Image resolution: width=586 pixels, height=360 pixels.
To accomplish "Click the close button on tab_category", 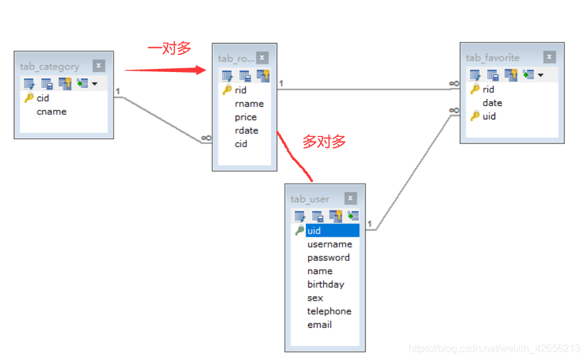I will click(x=99, y=66).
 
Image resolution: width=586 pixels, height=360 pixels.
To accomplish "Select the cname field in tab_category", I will click(x=51, y=112).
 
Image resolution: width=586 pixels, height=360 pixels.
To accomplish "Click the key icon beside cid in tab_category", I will click(x=28, y=98).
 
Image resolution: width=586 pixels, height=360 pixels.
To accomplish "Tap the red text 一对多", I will click(x=169, y=49).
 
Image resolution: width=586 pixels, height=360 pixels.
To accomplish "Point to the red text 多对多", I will click(x=324, y=141).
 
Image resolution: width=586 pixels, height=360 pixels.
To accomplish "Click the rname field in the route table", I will click(x=249, y=104).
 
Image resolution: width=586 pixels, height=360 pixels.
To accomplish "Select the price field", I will click(x=246, y=117).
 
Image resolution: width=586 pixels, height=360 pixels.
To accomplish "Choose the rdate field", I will click(x=246, y=130).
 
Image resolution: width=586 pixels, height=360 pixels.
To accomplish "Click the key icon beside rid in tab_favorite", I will click(x=475, y=89).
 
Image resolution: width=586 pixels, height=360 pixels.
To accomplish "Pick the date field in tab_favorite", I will click(x=492, y=102).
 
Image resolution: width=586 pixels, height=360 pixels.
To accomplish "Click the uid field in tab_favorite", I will click(x=489, y=116).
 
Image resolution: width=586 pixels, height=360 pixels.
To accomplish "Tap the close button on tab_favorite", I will click(x=549, y=57).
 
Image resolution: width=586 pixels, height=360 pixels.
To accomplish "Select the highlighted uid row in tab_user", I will click(x=332, y=231).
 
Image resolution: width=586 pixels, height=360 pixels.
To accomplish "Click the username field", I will click(x=330, y=244).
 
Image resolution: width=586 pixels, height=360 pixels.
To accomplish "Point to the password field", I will click(x=328, y=258).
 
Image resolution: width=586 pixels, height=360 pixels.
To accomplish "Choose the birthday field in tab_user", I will click(x=326, y=284).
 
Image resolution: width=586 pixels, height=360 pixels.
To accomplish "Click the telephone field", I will click(x=329, y=311).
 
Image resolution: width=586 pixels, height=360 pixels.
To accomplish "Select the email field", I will click(x=320, y=325).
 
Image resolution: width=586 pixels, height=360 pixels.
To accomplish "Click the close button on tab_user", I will click(x=350, y=198).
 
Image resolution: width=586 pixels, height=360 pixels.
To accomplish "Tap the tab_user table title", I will click(x=310, y=199).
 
